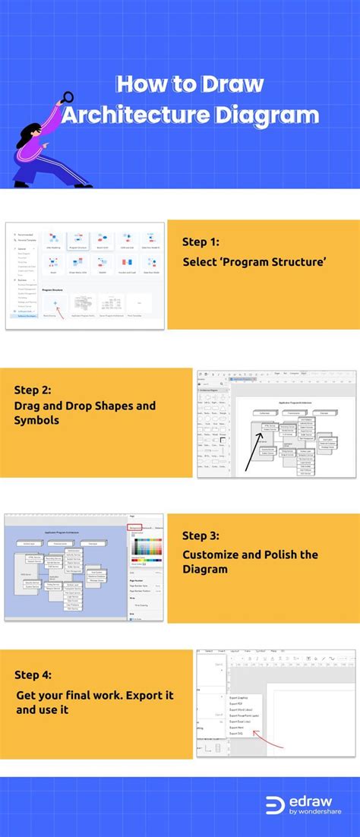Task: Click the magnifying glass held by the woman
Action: tap(67, 96)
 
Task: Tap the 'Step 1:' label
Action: tap(201, 242)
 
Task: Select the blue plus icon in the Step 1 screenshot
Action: tap(54, 303)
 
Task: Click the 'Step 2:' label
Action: tap(33, 390)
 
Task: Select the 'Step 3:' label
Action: tap(201, 535)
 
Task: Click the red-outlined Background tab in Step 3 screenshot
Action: tap(134, 526)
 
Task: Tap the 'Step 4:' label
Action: tap(33, 674)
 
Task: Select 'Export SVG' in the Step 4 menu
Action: tap(237, 734)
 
